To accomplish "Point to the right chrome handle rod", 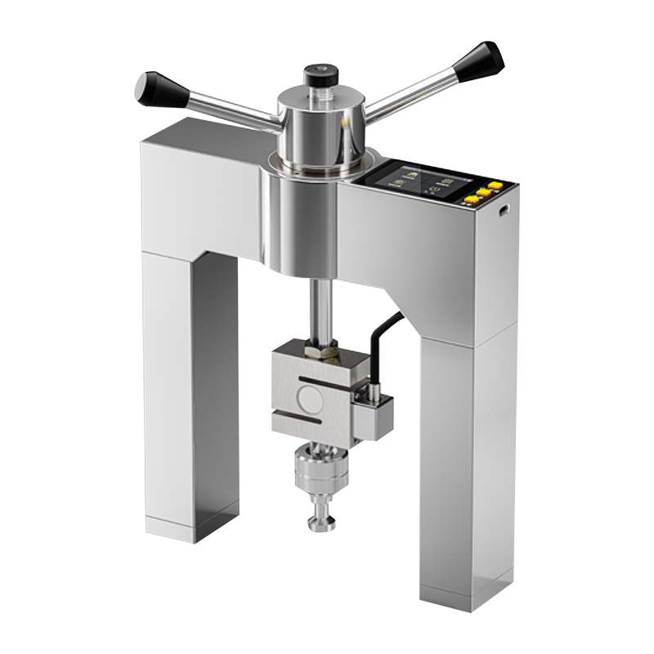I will coord(409,96).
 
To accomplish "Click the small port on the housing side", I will coord(504,210).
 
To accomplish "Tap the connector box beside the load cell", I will coord(373,417).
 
